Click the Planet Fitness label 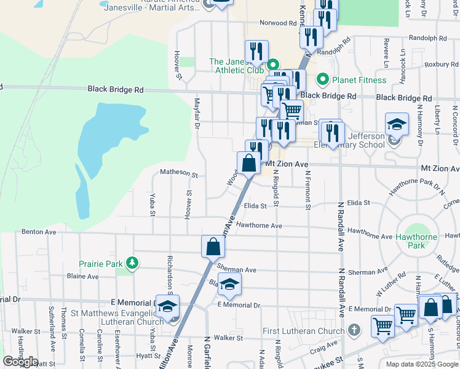359,80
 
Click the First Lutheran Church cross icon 354,331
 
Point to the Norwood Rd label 278,23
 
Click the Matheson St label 179,173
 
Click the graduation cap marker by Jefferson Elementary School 397,124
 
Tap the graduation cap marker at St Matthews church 167,306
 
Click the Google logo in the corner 20,362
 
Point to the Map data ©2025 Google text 422,364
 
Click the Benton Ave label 39,232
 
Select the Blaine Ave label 82,276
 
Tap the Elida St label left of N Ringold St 255,206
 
